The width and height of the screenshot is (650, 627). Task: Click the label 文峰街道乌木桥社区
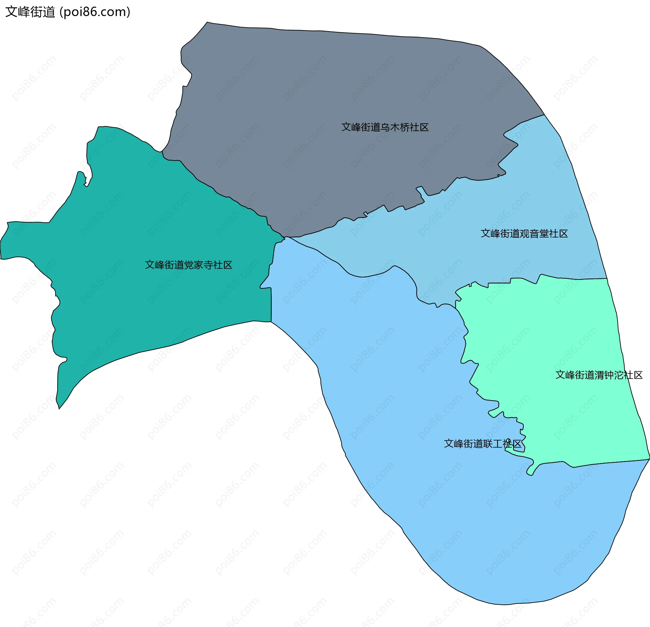pyautogui.click(x=385, y=127)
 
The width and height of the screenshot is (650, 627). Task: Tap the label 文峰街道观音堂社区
pyautogui.click(x=524, y=234)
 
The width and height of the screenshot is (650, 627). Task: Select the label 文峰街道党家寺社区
pyautogui.click(x=189, y=265)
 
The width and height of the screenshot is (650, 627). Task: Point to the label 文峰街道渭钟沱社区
pyautogui.click(x=599, y=375)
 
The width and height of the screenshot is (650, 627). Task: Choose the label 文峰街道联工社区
pyautogui.click(x=483, y=444)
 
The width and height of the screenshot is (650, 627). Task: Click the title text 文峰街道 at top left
pyautogui.click(x=30, y=12)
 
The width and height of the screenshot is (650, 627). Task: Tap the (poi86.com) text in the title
pyautogui.click(x=95, y=12)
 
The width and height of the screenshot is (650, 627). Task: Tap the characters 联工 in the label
pyautogui.click(x=493, y=444)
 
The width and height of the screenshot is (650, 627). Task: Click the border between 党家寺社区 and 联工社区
pyautogui.click(x=271, y=305)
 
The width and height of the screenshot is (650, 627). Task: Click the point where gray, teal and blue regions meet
pyautogui.click(x=284, y=237)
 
